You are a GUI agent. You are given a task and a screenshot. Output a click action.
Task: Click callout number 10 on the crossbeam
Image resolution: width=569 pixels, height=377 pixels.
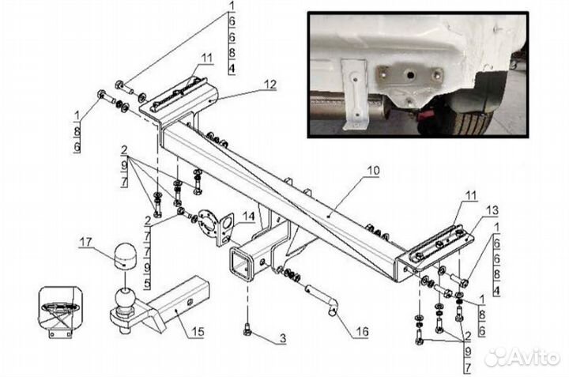pyautogui.click(x=373, y=171)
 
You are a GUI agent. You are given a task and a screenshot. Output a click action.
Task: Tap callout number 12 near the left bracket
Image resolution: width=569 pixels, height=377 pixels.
pyautogui.click(x=269, y=85)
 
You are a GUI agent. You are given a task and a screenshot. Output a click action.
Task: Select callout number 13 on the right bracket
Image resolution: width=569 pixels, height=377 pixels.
pyautogui.click(x=492, y=210)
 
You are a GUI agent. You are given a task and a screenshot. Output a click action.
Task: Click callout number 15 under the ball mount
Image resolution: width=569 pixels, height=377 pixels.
pyautogui.click(x=198, y=331)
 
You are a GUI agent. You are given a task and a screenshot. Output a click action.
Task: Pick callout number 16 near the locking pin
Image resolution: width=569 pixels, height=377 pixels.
pyautogui.click(x=362, y=331)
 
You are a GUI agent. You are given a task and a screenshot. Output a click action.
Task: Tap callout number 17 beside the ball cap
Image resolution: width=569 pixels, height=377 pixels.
pyautogui.click(x=86, y=242)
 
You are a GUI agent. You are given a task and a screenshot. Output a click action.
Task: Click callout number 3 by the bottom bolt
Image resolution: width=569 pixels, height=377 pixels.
pyautogui.click(x=283, y=338)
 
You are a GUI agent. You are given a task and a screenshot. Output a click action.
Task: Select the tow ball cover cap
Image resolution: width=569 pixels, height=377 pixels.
pyautogui.click(x=125, y=256)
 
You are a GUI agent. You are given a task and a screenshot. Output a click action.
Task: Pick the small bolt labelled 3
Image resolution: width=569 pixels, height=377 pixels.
pyautogui.click(x=247, y=330)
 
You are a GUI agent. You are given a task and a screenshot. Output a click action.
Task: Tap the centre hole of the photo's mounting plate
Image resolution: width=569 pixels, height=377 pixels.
pyautogui.click(x=410, y=75)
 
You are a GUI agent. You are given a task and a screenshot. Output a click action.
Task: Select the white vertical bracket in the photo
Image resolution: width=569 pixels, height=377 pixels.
pyautogui.click(x=355, y=93)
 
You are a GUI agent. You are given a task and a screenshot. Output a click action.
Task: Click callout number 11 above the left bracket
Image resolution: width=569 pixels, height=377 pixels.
pyautogui.click(x=207, y=58)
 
